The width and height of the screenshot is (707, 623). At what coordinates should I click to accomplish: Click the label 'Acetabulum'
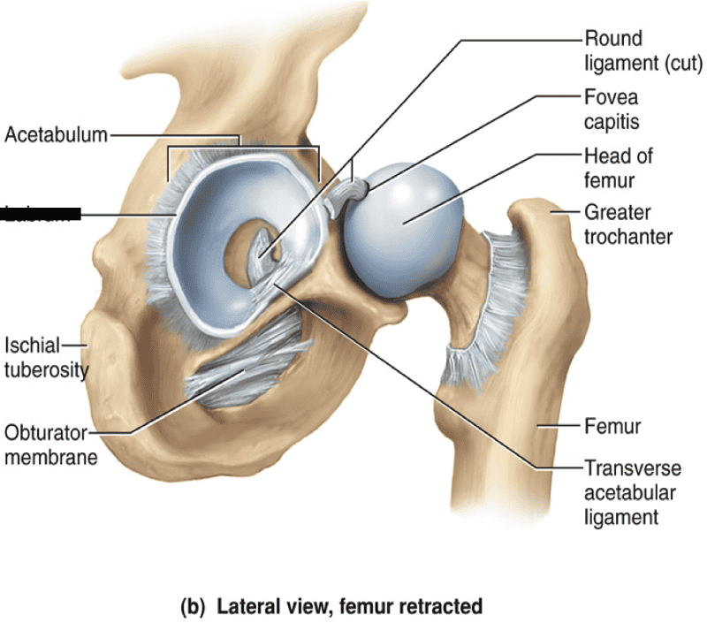[56, 135]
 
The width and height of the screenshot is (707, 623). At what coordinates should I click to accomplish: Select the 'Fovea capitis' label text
[611, 108]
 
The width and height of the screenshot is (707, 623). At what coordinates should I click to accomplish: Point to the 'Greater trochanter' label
[628, 224]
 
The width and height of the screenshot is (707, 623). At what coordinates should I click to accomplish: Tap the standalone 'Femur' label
[612, 428]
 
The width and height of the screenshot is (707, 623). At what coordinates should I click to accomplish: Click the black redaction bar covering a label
[42, 213]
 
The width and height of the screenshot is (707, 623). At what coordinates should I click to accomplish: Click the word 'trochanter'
[628, 237]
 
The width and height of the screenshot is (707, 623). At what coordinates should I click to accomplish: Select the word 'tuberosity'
[46, 369]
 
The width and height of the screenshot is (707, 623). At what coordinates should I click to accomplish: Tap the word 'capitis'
[611, 121]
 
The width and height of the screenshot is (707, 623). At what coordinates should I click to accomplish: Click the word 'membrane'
[50, 458]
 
